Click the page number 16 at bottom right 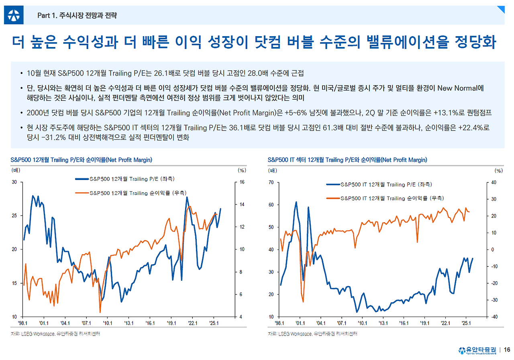click(507, 350)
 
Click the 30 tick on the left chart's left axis click(14, 182)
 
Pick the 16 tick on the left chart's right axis click(242, 182)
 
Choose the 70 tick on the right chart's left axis click(271, 182)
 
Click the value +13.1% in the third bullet click(449, 113)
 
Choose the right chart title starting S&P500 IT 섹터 click(347, 160)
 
